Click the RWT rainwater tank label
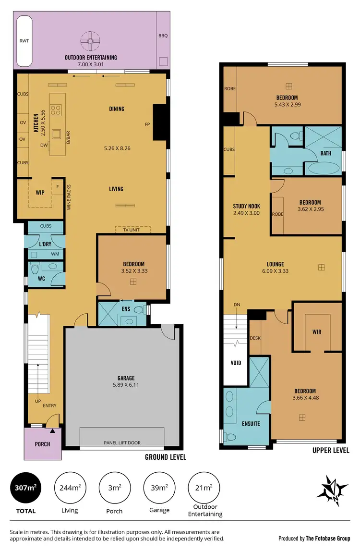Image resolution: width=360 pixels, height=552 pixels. pos(24,41)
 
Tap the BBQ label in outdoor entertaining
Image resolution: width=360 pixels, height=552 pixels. pos(163,36)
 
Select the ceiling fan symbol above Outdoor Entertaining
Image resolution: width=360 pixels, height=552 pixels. pos(89,41)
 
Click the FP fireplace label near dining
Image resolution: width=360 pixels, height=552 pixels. pos(148,124)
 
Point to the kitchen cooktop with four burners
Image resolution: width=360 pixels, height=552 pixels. pos(56,110)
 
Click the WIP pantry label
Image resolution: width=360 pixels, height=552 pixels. pos(40,192)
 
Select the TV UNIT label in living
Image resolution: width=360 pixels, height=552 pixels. pos(132,230)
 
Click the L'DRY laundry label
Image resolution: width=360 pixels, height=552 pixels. pos(45,244)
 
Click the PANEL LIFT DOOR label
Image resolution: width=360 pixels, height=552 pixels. pos(122,442)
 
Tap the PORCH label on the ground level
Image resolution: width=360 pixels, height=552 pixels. pos(42,444)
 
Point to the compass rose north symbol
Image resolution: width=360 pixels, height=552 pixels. pos(333,491)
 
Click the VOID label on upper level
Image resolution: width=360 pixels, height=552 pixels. pos(236,363)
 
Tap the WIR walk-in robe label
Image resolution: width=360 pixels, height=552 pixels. pos(316,332)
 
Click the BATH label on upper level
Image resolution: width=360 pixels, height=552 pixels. pos(325,153)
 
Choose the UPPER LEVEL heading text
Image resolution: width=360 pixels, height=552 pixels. pos(331,450)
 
